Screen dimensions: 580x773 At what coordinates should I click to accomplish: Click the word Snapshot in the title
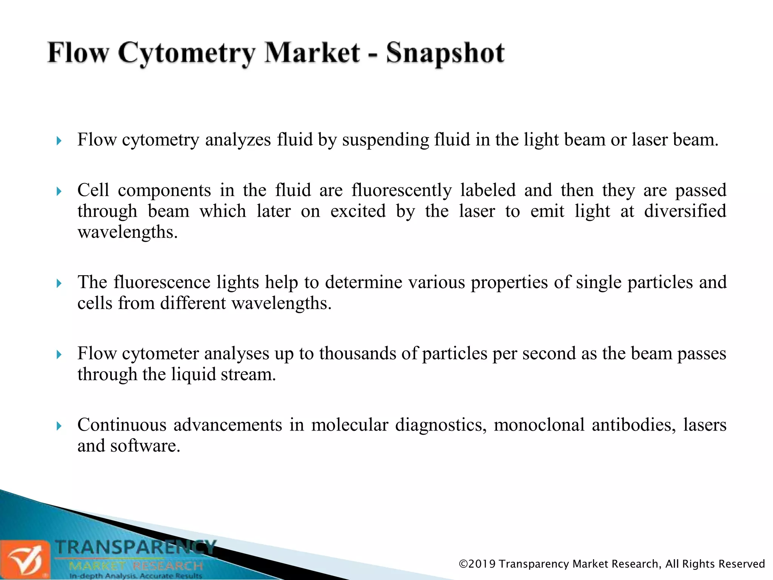click(x=445, y=53)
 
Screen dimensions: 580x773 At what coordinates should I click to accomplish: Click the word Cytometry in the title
click(x=186, y=53)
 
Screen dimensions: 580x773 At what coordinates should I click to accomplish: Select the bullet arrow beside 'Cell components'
click(x=59, y=191)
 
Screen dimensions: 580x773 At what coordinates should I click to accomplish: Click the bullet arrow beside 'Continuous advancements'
click(x=59, y=426)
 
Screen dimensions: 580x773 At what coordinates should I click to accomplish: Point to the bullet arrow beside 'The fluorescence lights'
click(x=59, y=283)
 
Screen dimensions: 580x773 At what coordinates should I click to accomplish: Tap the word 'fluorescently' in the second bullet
click(x=401, y=190)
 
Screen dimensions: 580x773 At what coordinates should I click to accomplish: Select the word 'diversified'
click(x=685, y=211)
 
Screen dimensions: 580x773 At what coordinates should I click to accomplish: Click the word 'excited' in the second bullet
click(x=358, y=211)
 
